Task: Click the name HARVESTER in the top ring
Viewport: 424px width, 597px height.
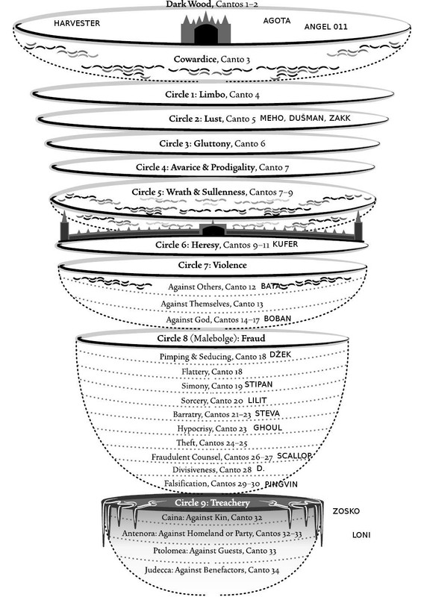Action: point(77,23)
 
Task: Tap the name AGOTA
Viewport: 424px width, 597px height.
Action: point(277,21)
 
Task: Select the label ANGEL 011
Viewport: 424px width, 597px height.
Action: point(325,27)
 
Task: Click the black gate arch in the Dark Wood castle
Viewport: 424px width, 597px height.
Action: point(206,34)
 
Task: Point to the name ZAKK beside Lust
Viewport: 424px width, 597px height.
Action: point(340,118)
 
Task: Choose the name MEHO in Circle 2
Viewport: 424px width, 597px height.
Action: point(271,119)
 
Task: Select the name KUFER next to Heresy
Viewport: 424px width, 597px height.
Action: point(285,244)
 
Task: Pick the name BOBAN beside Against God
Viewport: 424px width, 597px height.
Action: point(278,319)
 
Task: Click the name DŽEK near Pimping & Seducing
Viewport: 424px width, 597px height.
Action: point(281,354)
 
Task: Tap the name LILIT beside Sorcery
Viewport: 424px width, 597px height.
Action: point(257,400)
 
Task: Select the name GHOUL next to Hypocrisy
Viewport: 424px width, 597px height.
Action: point(268,428)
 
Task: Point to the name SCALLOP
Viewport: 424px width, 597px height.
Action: point(294,456)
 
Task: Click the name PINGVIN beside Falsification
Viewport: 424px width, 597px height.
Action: point(281,484)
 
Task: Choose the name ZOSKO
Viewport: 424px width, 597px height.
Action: point(346,511)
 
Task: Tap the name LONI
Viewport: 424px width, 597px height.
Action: point(361,535)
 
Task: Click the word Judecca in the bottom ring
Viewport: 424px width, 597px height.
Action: point(158,570)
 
